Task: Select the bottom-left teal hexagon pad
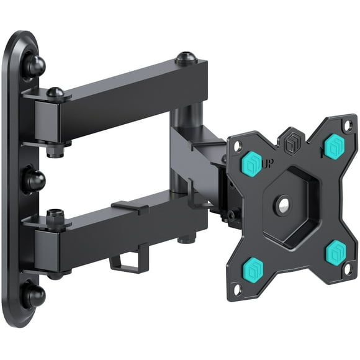257,268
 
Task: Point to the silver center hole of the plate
283,206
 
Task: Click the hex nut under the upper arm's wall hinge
54,150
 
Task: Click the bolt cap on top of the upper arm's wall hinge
55,92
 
